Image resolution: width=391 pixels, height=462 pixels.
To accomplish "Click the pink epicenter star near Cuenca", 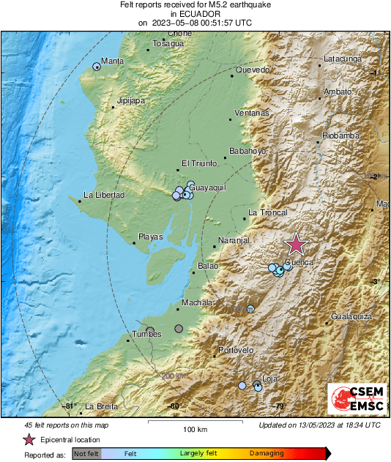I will (x=296, y=244).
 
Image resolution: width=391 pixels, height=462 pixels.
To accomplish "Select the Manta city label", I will (x=112, y=61).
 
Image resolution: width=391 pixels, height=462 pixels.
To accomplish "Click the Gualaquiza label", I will (x=352, y=316).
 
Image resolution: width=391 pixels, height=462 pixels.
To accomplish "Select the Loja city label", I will (x=269, y=379).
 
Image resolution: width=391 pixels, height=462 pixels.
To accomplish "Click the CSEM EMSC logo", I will (x=354, y=400).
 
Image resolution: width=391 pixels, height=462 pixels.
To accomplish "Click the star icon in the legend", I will (x=29, y=439).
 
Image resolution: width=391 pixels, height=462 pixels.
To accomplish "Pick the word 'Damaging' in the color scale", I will (x=267, y=454).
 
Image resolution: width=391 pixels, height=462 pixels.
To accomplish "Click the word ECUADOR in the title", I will (x=195, y=13).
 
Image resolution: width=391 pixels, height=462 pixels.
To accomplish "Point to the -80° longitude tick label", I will (x=174, y=406).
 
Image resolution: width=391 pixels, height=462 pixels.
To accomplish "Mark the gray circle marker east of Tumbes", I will (x=179, y=329).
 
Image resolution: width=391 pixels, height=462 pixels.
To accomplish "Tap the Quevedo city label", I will (x=253, y=70).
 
